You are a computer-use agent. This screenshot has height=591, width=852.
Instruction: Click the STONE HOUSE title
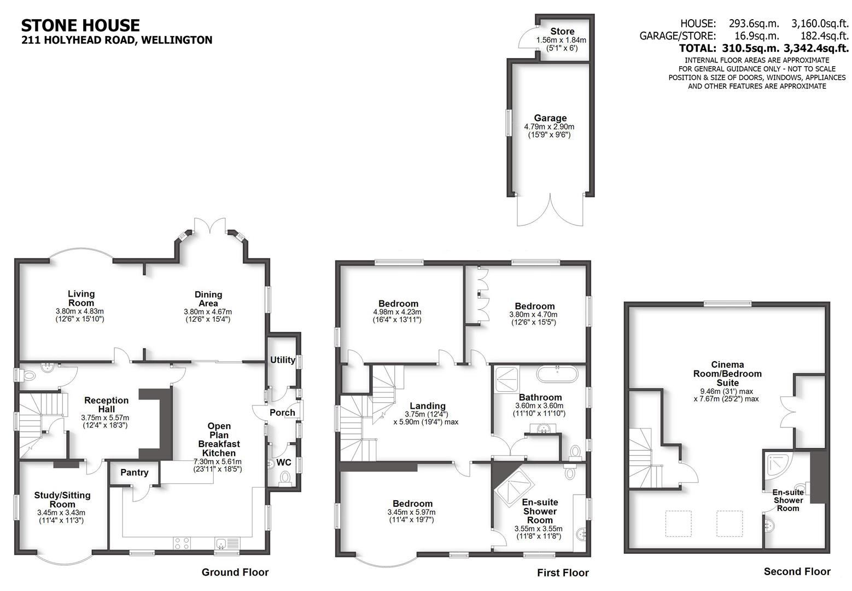80,25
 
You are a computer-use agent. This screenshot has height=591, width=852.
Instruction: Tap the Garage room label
550,118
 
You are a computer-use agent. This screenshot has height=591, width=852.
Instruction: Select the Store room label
562,31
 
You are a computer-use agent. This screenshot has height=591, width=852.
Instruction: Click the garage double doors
551,211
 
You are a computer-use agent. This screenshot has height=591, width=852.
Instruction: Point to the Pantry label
135,472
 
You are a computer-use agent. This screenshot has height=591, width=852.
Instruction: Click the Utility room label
283,360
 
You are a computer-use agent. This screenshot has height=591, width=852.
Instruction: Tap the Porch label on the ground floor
283,413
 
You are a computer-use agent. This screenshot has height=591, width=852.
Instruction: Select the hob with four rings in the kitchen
182,543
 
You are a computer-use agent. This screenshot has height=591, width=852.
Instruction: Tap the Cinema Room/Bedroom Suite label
727,373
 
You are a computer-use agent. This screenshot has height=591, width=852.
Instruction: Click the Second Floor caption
797,571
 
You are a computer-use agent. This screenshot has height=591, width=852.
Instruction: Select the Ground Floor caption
235,572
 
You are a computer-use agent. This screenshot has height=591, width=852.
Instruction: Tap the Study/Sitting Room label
62,500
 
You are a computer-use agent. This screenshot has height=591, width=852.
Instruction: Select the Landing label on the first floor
428,405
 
